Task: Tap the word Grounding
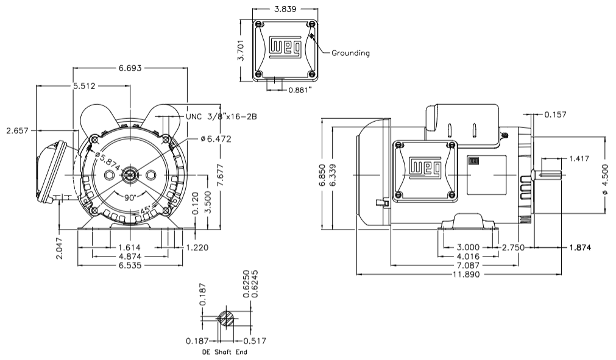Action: tap(350, 53)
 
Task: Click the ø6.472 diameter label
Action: tap(216, 139)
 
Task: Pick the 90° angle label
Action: tap(130, 199)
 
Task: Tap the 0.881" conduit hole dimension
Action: tap(300, 90)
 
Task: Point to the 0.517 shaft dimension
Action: tap(254, 341)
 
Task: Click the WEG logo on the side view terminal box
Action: tap(425, 168)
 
